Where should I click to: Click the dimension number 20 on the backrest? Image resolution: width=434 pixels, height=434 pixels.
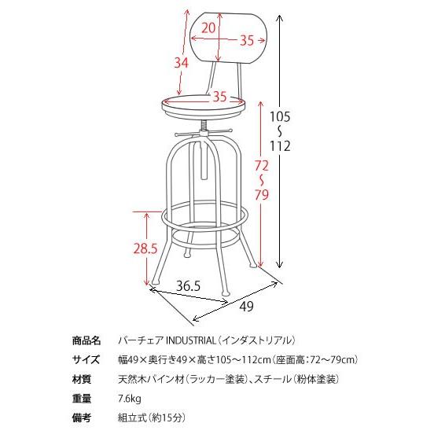(x=208, y=28)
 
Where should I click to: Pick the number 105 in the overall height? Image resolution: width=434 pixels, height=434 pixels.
(x=281, y=116)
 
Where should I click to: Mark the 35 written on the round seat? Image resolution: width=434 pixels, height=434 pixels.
(x=219, y=97)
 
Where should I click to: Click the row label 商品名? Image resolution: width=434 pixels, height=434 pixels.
(x=86, y=341)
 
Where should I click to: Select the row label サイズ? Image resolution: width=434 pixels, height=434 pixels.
(x=86, y=360)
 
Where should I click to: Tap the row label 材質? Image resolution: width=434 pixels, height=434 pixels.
(x=86, y=379)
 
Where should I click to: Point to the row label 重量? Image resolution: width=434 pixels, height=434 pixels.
(x=86, y=398)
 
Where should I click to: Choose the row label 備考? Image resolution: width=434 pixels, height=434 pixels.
(x=86, y=417)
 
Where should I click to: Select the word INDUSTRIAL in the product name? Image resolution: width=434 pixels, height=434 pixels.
(x=190, y=341)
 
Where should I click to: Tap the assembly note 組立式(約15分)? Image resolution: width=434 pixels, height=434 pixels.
(x=152, y=417)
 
